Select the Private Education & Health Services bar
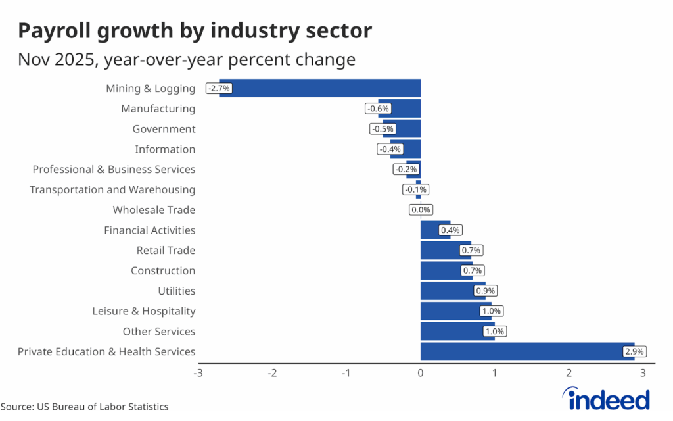point(526,351)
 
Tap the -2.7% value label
point(219,88)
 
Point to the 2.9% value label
point(635,352)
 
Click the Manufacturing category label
point(158,109)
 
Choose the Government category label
point(164,129)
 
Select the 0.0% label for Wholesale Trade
point(420,210)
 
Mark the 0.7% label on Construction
point(472,270)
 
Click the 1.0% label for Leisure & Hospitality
point(491,311)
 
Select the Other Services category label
point(159,332)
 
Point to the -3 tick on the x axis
point(198,374)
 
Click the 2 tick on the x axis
point(569,374)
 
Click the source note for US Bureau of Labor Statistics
point(84,407)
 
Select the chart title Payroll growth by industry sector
point(195,30)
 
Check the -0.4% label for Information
point(389,149)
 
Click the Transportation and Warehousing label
point(112,189)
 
